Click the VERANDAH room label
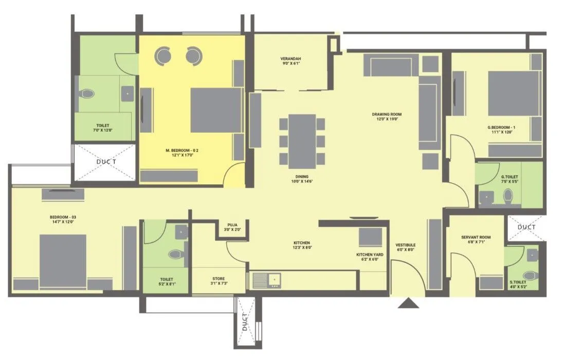pos(290,59)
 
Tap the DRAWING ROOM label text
pos(387,114)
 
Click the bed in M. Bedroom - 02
pos(216,110)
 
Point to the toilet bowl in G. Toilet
pos(508,196)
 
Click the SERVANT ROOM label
pos(476,237)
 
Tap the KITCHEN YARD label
pos(370,255)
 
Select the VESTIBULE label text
pos(406,245)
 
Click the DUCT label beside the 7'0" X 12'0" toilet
pos(105,161)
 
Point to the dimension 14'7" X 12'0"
pos(63,222)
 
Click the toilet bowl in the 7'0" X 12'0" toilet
pos(88,94)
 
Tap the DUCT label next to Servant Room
pos(526,227)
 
